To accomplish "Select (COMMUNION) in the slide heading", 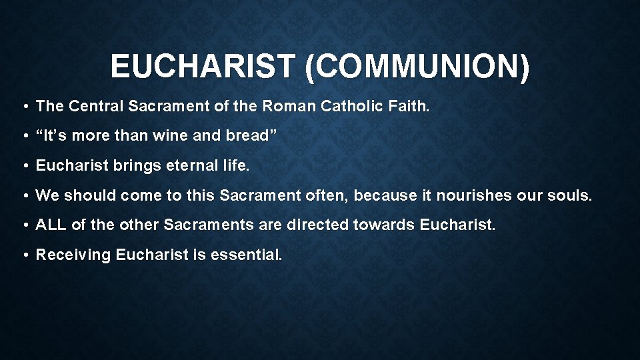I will tap(417, 67).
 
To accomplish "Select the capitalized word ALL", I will tap(51, 225).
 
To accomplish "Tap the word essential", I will tap(247, 255).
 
